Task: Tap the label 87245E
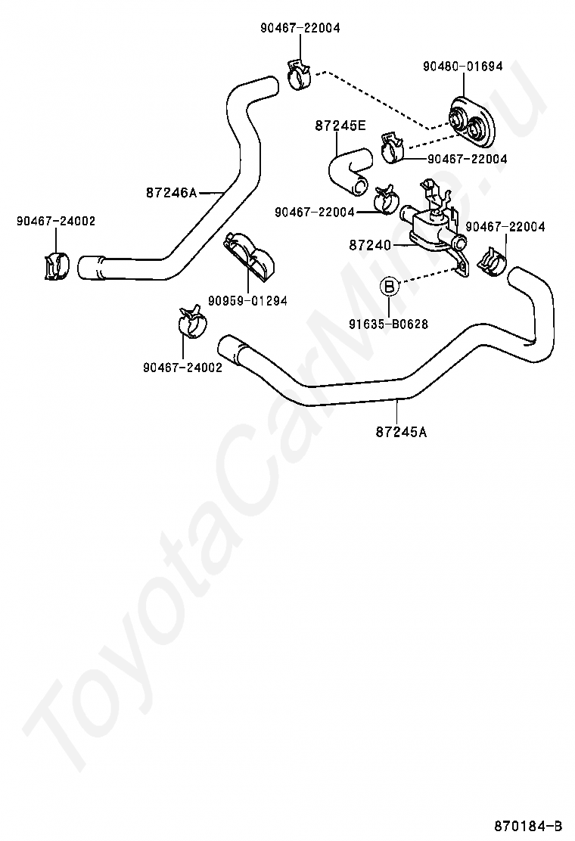click(340, 126)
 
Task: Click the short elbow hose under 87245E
click(347, 170)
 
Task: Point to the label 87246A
click(171, 193)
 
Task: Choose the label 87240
click(370, 244)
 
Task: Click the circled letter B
click(388, 287)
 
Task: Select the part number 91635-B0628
click(389, 324)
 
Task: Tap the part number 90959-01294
click(249, 301)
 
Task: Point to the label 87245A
click(401, 432)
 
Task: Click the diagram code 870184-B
click(529, 824)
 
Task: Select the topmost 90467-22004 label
click(300, 28)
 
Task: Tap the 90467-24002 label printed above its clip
click(56, 221)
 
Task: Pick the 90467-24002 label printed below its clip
click(182, 368)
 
